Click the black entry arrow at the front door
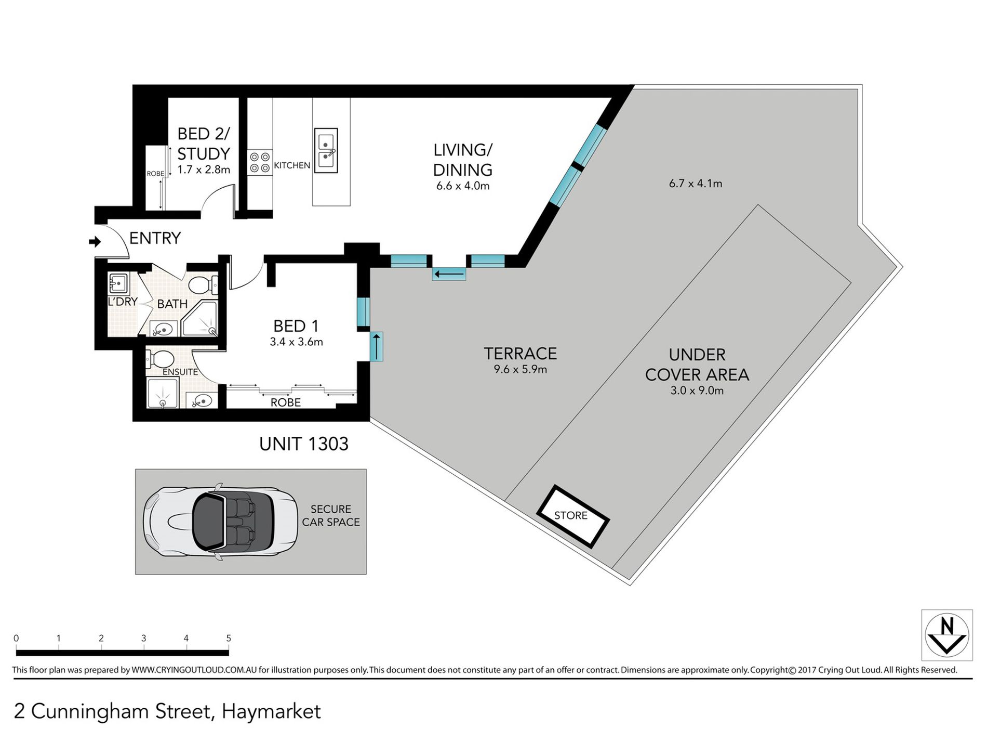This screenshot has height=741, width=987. pyautogui.click(x=95, y=242)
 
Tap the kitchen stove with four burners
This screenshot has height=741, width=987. pyautogui.click(x=260, y=162)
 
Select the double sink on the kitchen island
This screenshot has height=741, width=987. pyautogui.click(x=326, y=151)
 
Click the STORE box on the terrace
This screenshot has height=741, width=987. pyautogui.click(x=572, y=516)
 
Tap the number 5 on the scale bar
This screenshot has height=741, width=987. pyautogui.click(x=229, y=638)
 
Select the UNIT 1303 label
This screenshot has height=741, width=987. pyautogui.click(x=304, y=444)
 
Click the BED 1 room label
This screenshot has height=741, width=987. pyautogui.click(x=296, y=326)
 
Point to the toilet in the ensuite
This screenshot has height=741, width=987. pyautogui.click(x=161, y=358)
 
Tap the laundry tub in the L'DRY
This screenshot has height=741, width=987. pyautogui.click(x=118, y=284)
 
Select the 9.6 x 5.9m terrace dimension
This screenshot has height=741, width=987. pyautogui.click(x=521, y=370)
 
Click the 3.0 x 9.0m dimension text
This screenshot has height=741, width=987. pyautogui.click(x=697, y=391)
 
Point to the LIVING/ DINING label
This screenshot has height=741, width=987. pyautogui.click(x=463, y=160)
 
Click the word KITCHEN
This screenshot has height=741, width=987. pyautogui.click(x=292, y=165)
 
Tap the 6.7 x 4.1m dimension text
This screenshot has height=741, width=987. pyautogui.click(x=696, y=184)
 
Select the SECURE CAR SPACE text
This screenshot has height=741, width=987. pyautogui.click(x=331, y=515)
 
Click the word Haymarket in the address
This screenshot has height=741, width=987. pyautogui.click(x=271, y=711)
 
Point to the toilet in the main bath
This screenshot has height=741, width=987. pyautogui.click(x=203, y=285)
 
